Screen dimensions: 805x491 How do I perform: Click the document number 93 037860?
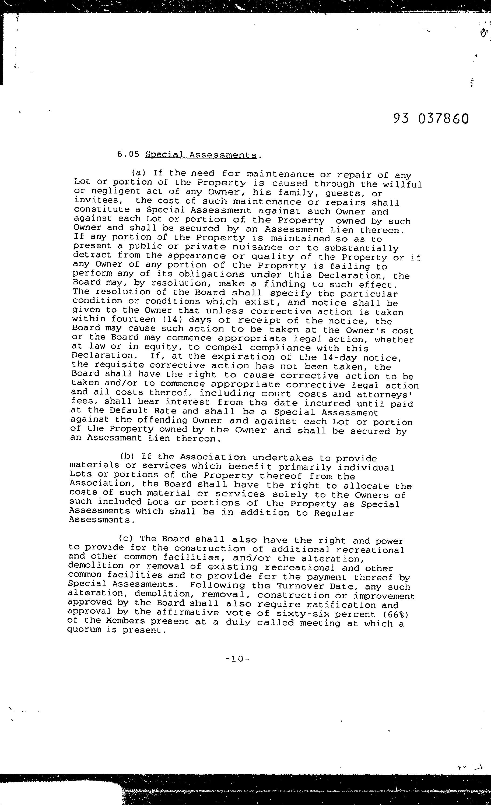(x=431, y=119)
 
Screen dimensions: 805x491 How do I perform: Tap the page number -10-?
(x=238, y=659)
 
